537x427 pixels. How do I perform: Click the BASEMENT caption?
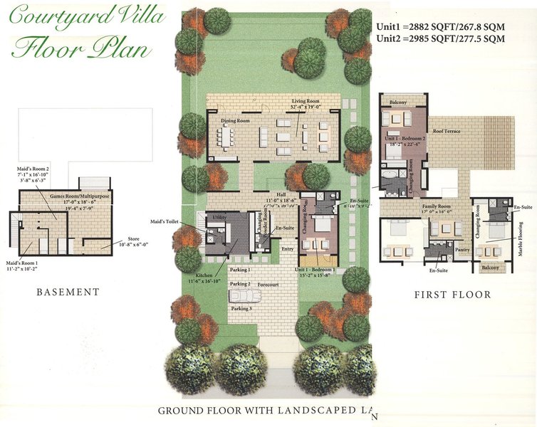pyautogui.click(x=68, y=292)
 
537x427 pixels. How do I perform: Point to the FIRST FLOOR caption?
pyautogui.click(x=452, y=295)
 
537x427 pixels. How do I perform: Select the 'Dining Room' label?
pyautogui.click(x=234, y=121)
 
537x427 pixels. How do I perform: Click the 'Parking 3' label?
pyautogui.click(x=240, y=308)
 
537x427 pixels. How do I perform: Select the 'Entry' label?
pyautogui.click(x=287, y=249)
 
